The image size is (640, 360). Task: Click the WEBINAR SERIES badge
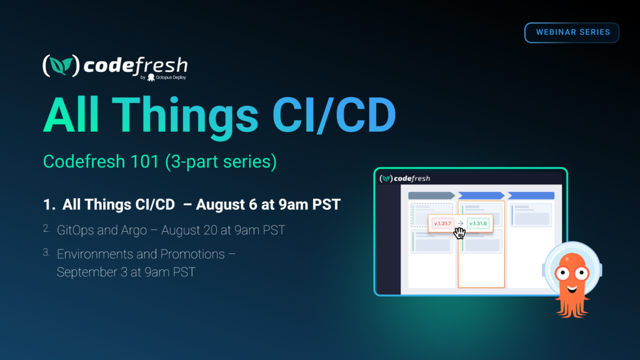tap(572, 32)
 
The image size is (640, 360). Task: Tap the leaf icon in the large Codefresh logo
tap(61, 66)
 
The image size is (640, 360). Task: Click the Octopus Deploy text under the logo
tap(171, 77)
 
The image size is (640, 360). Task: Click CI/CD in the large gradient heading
tap(334, 115)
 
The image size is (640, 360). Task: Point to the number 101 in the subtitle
tap(145, 161)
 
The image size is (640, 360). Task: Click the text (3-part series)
tap(221, 162)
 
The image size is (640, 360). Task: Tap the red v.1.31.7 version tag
tap(442, 223)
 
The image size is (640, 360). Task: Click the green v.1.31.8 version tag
tap(478, 223)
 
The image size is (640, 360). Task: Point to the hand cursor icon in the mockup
tap(459, 233)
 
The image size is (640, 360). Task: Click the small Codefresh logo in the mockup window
tap(405, 178)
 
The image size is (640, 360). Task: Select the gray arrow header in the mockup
tap(431, 196)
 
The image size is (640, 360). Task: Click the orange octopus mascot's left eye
tap(563, 273)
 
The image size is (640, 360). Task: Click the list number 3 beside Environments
tap(46, 252)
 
